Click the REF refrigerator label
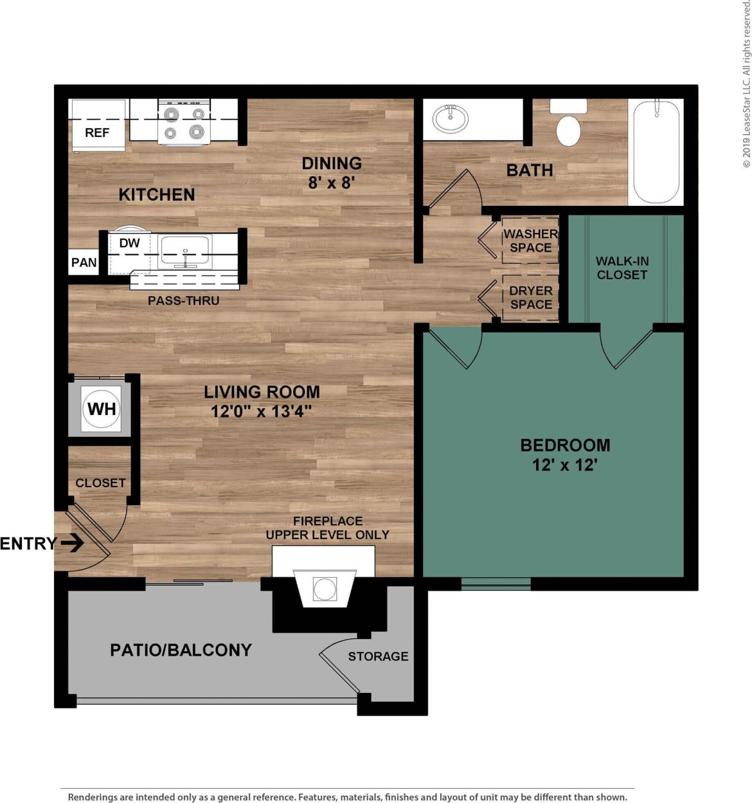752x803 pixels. [x=97, y=133]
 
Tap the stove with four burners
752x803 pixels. [x=184, y=122]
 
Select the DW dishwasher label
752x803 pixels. [x=129, y=243]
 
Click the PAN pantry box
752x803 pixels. [x=84, y=263]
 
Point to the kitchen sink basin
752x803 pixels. [x=185, y=251]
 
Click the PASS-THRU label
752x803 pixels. [x=183, y=300]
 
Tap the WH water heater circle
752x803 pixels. [x=102, y=409]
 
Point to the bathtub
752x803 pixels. [x=656, y=152]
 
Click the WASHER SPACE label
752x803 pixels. [x=530, y=241]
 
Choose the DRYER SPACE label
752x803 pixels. [x=531, y=297]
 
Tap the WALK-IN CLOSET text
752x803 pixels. [x=622, y=268]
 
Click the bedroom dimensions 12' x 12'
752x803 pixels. [x=565, y=465]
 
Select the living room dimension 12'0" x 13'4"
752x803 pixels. [x=262, y=411]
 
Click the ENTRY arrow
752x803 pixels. [x=72, y=544]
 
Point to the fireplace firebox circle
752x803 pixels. [x=325, y=589]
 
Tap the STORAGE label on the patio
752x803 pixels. [x=378, y=656]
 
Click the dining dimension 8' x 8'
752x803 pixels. [x=332, y=183]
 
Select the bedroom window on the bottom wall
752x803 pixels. [x=496, y=584]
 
